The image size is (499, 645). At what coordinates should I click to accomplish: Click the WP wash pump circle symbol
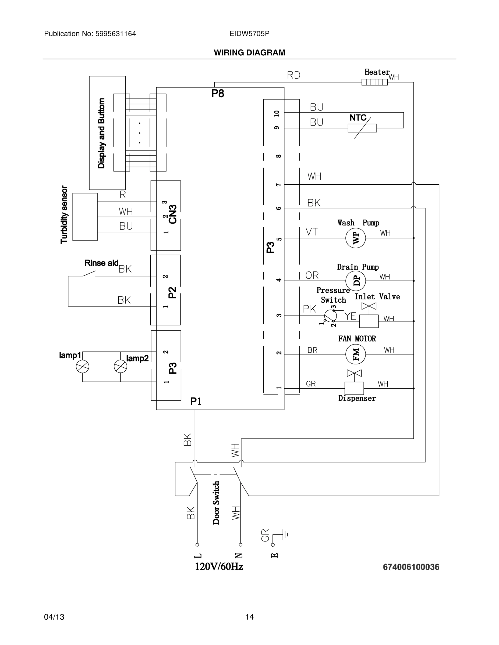click(355, 238)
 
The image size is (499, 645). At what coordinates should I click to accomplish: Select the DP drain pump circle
click(355, 281)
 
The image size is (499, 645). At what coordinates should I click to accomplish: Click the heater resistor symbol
click(374, 82)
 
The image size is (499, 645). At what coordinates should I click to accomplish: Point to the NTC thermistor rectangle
click(362, 128)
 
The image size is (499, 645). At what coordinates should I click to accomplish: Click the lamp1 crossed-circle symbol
click(83, 367)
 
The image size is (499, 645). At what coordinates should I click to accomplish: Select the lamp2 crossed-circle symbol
click(120, 367)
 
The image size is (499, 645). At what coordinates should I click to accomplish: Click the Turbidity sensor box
click(85, 217)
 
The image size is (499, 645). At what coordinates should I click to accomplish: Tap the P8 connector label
click(218, 94)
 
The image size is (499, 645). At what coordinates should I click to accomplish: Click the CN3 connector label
click(173, 214)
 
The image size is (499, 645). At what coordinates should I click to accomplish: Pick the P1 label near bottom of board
click(196, 401)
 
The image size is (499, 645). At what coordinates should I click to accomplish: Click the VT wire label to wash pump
click(312, 232)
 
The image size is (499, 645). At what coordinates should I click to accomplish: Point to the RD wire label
click(293, 75)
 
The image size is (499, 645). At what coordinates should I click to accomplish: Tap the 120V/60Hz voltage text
click(219, 567)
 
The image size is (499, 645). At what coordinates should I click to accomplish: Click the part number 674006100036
click(411, 567)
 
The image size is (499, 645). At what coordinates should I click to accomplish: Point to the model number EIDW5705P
click(249, 34)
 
